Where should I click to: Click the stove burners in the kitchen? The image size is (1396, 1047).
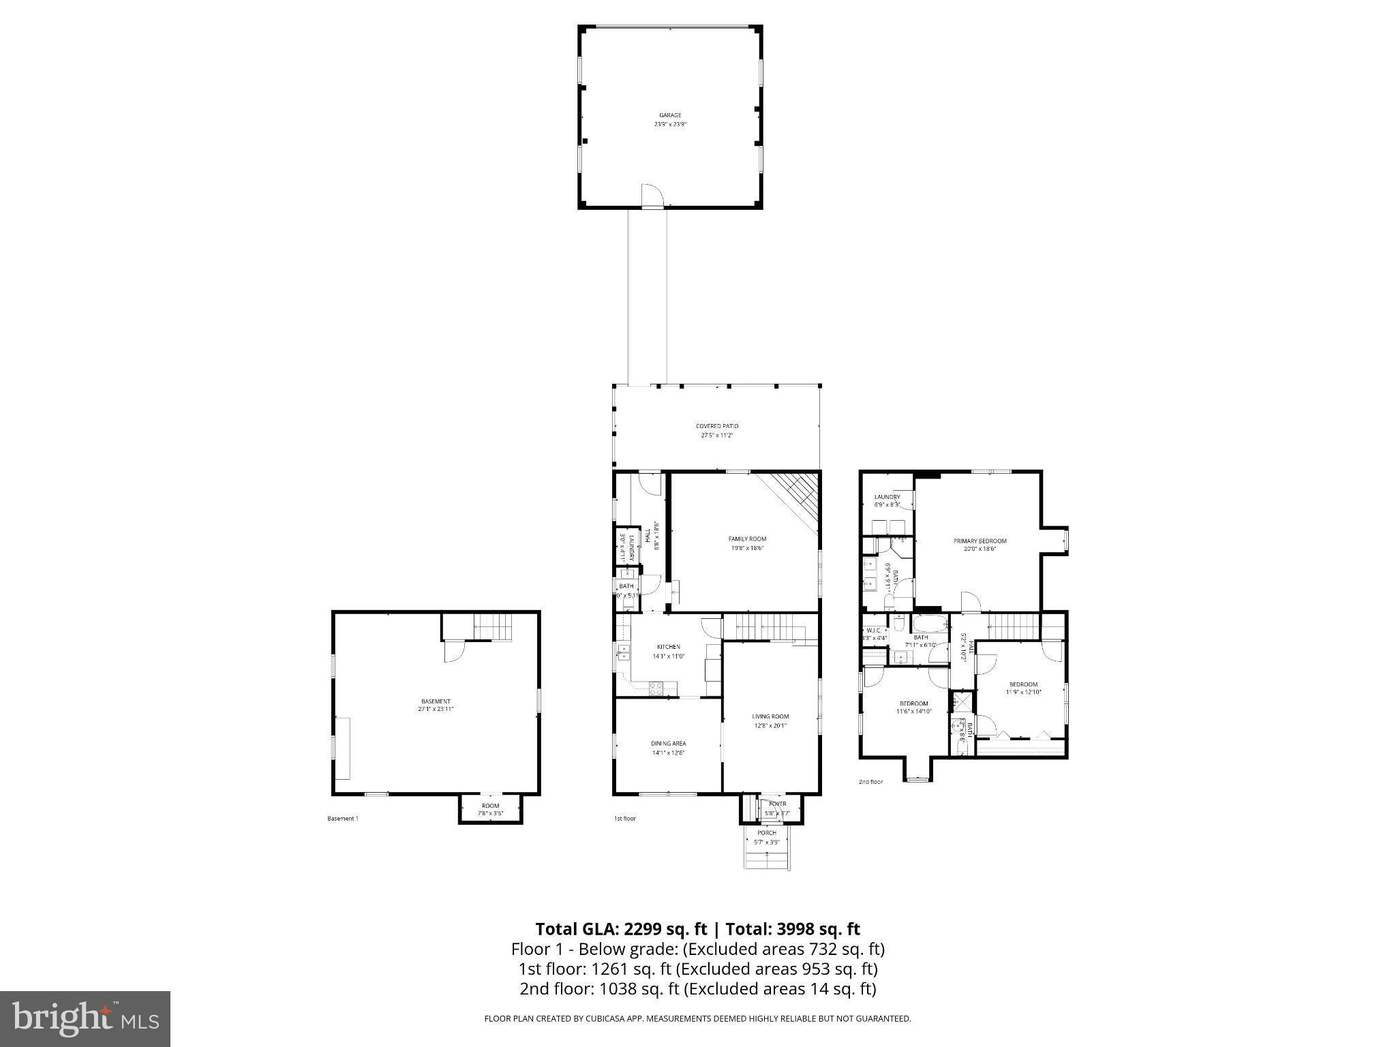pos(656,688)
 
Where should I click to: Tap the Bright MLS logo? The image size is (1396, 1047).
pos(85,1018)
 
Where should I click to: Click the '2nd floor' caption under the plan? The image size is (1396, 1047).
pos(870,782)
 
